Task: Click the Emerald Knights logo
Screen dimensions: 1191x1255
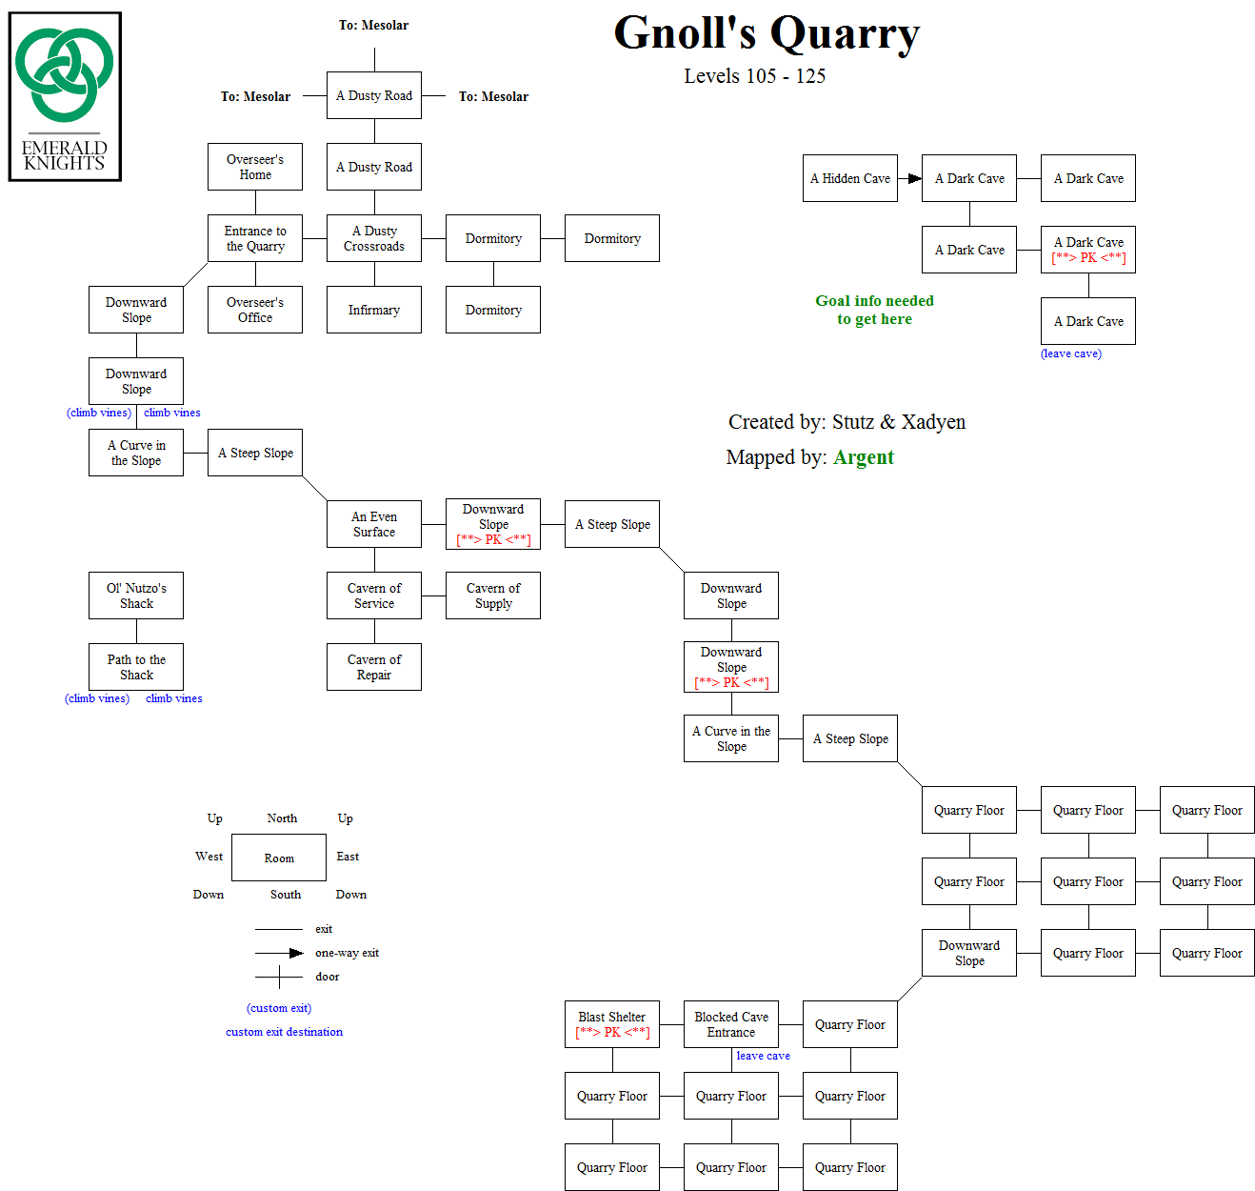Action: pyautogui.click(x=65, y=96)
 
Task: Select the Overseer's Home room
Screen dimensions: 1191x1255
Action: pyautogui.click(x=255, y=167)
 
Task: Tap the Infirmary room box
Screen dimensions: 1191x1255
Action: pyautogui.click(x=374, y=310)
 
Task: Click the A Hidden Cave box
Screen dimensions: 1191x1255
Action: pyautogui.click(x=850, y=178)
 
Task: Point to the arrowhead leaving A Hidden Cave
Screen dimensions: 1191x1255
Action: pyautogui.click(x=915, y=178)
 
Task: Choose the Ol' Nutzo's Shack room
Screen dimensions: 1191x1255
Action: pyautogui.click(x=136, y=595)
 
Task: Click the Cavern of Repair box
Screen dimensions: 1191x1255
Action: pyautogui.click(x=374, y=667)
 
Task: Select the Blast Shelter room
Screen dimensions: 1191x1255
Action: pyautogui.click(x=612, y=1024)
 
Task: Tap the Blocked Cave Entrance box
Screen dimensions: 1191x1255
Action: pyautogui.click(x=731, y=1024)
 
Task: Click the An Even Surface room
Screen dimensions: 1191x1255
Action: pyautogui.click(x=374, y=524)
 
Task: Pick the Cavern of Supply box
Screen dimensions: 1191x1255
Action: pyautogui.click(x=493, y=595)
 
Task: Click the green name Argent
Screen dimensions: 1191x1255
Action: pyautogui.click(x=864, y=457)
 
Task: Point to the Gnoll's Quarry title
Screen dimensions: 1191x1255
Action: pyautogui.click(x=767, y=33)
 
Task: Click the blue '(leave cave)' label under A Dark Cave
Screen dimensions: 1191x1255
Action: pyautogui.click(x=1071, y=353)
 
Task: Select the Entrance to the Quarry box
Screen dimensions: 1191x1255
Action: pyautogui.click(x=255, y=238)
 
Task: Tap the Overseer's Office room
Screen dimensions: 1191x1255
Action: pyautogui.click(x=255, y=310)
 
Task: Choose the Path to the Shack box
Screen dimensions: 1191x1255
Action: pyautogui.click(x=136, y=667)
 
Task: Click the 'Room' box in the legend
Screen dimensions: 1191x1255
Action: pyautogui.click(x=279, y=858)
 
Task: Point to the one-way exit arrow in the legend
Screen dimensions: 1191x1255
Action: pyautogui.click(x=295, y=953)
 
